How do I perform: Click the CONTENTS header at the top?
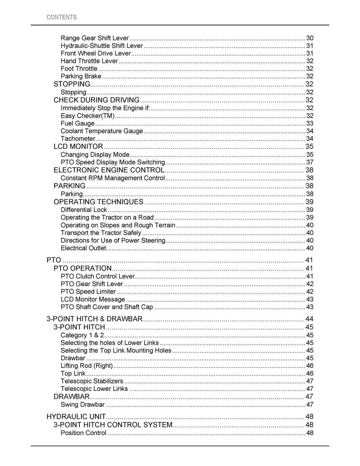click(61, 17)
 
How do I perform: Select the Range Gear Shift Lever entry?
click(95, 38)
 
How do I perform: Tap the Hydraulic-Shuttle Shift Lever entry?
click(102, 46)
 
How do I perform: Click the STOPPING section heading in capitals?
click(72, 84)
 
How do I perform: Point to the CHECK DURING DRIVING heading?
click(96, 100)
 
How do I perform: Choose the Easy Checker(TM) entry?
click(88, 116)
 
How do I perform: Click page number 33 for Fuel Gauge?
click(309, 123)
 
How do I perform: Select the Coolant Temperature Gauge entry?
click(102, 131)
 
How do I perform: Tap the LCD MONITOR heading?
click(78, 147)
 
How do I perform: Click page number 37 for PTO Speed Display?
click(309, 162)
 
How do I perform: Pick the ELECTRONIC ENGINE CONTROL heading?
click(109, 170)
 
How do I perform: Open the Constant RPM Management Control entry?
click(112, 178)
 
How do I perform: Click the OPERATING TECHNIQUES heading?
click(98, 202)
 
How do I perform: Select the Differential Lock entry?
click(84, 210)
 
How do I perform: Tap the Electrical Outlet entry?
click(83, 248)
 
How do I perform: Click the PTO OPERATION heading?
click(82, 268)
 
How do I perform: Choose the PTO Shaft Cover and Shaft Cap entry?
click(107, 307)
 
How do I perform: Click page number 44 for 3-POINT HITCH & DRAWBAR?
click(309, 319)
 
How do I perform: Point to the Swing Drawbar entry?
click(82, 404)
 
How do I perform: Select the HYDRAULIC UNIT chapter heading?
click(76, 417)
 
